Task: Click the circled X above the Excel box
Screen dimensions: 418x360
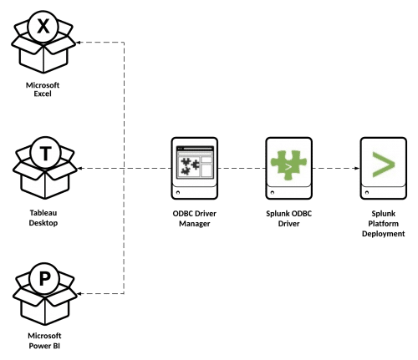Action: [x=43, y=27]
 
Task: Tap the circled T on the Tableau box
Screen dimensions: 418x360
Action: [x=45, y=153]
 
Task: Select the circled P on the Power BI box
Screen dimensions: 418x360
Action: [x=45, y=278]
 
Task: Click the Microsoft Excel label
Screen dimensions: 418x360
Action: [x=43, y=89]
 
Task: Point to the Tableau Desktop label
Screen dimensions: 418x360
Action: [x=43, y=218]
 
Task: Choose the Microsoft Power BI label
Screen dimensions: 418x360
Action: [x=44, y=341]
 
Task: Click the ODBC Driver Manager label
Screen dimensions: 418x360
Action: [x=195, y=219]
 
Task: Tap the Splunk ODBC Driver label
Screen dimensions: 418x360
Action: [x=289, y=219]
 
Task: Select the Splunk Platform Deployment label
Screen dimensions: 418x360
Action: [x=384, y=224]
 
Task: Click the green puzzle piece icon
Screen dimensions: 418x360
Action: [x=288, y=165]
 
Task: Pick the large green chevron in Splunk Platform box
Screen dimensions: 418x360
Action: [x=384, y=165]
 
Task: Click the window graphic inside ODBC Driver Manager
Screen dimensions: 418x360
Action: [x=195, y=162]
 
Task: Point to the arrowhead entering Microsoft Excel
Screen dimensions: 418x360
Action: [x=79, y=43]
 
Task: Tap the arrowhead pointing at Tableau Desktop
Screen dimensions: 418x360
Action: [x=79, y=168]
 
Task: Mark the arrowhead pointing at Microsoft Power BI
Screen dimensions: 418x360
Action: [x=79, y=293]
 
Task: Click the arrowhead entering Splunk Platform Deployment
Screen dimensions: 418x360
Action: [x=357, y=168]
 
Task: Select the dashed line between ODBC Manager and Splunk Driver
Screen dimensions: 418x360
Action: [x=242, y=168]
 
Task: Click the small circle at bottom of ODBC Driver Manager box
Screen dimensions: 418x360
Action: [x=178, y=192]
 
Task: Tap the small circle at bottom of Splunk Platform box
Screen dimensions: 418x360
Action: [x=367, y=192]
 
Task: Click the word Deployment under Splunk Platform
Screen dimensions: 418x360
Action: [x=384, y=234]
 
